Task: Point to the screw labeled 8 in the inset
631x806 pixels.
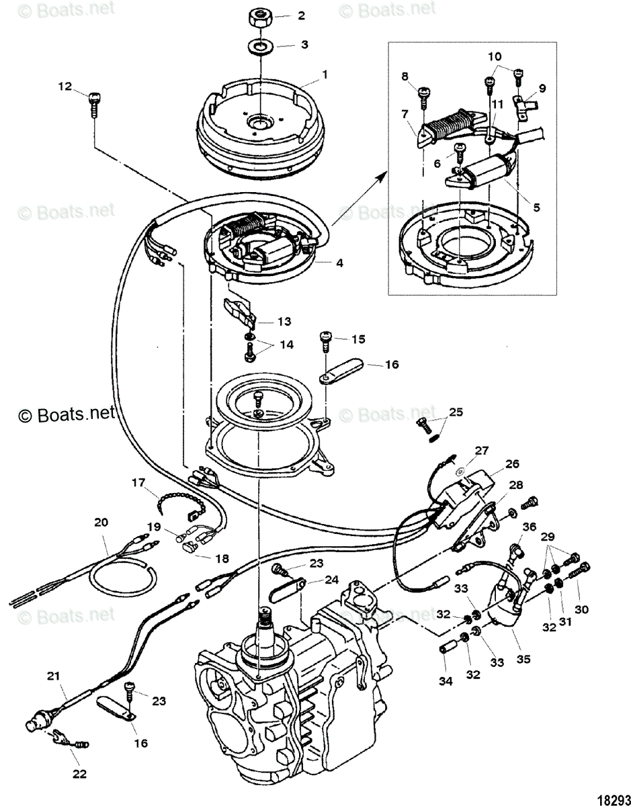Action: (x=423, y=97)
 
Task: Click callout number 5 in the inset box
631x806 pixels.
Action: (x=535, y=208)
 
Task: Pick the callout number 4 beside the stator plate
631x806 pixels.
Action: (x=339, y=263)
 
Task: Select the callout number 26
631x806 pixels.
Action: (x=513, y=463)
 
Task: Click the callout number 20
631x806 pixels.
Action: (x=101, y=522)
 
